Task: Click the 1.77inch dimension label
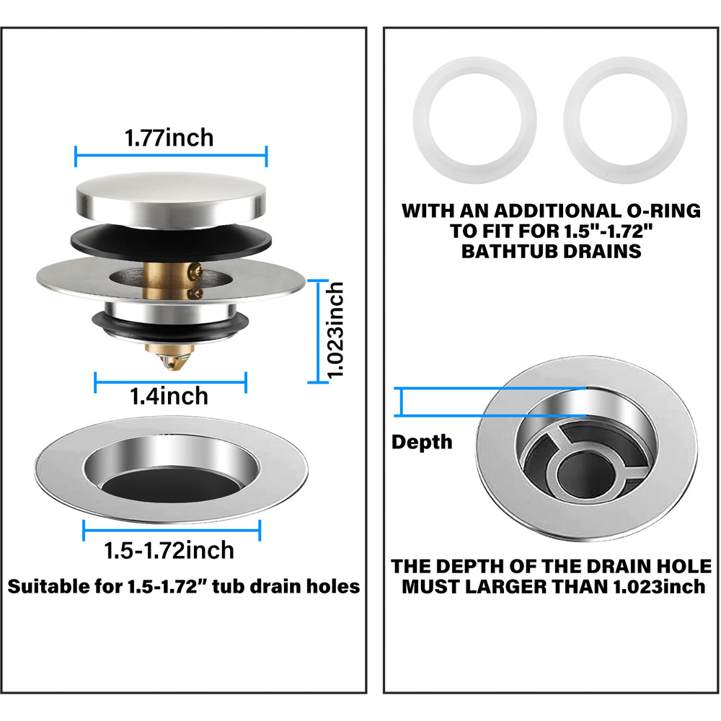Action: tap(169, 138)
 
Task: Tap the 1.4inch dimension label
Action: tap(169, 397)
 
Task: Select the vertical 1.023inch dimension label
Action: tap(335, 330)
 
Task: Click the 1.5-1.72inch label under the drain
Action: tap(169, 550)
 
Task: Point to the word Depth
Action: tap(422, 443)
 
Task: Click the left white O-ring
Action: tap(474, 119)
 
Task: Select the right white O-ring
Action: tap(625, 119)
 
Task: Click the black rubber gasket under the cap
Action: tap(171, 242)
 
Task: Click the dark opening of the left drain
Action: tap(171, 485)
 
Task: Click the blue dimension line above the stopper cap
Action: tap(171, 156)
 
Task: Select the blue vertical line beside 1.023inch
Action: tap(318, 331)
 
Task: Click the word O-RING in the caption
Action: tap(663, 211)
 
